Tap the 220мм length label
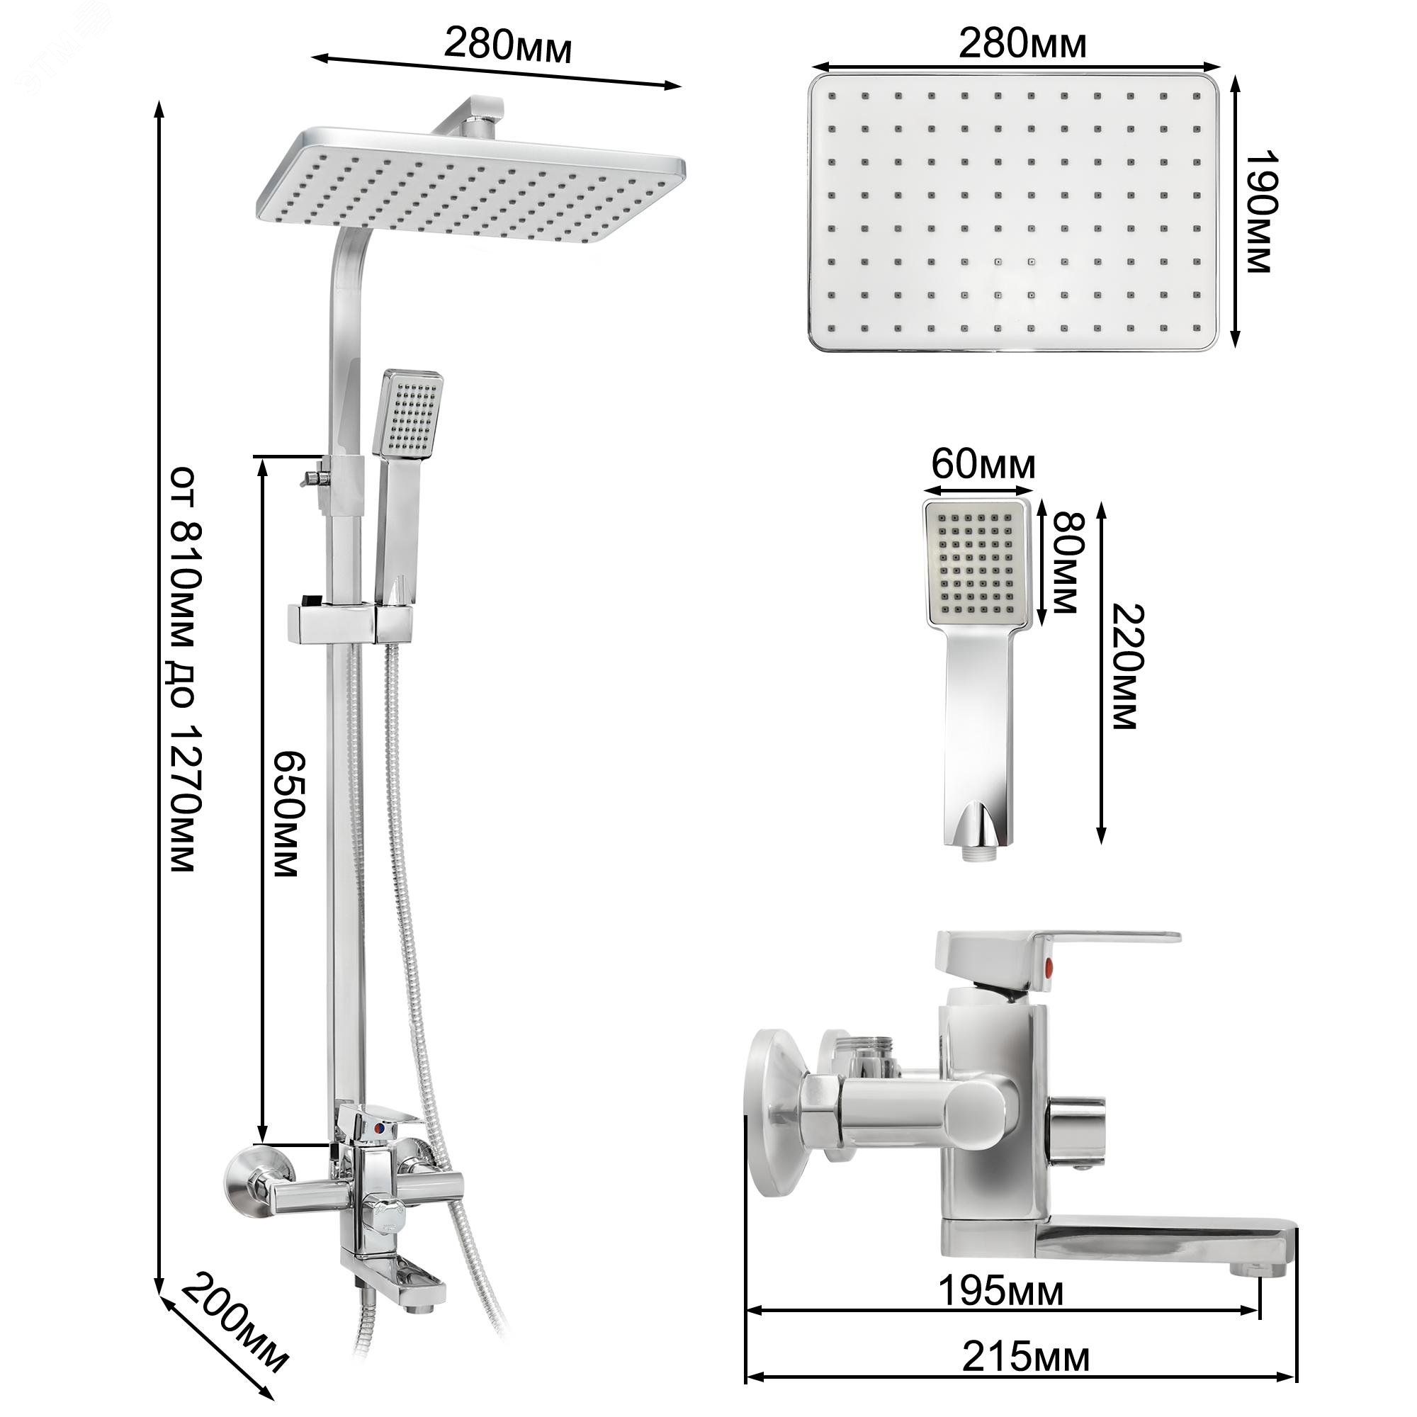coord(1125,667)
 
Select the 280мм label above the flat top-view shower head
coord(1022,44)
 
